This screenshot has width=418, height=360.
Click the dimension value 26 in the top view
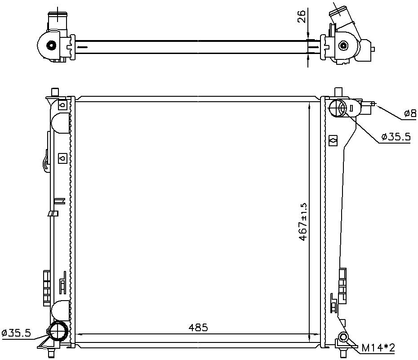pyautogui.click(x=302, y=16)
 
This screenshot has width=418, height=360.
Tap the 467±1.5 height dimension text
pyautogui.click(x=303, y=221)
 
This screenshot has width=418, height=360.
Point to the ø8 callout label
pyautogui.click(x=409, y=114)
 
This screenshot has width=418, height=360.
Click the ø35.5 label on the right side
pyautogui.click(x=396, y=137)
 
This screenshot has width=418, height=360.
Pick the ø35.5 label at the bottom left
pyautogui.click(x=17, y=333)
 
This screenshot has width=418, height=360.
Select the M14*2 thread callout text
pyautogui.click(x=378, y=347)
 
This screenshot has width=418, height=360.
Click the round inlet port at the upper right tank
pyautogui.click(x=338, y=108)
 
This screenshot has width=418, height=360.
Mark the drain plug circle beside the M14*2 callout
pyautogui.click(x=344, y=337)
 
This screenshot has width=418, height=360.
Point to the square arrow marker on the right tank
pyautogui.click(x=333, y=140)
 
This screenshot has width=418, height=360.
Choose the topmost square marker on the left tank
pyautogui.click(x=63, y=105)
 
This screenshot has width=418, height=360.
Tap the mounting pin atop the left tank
pyautogui.click(x=55, y=92)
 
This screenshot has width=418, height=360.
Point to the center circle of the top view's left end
pyautogui.click(x=51, y=45)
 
